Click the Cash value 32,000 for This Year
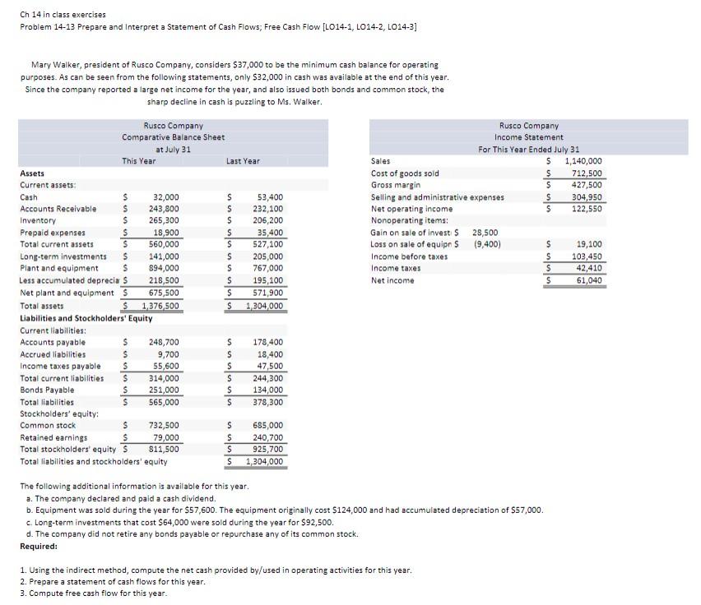tap(166, 197)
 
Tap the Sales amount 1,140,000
tap(583, 162)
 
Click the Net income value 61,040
tap(589, 280)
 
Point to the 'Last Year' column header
tap(243, 161)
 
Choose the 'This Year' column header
tap(139, 161)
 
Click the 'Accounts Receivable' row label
tap(58, 209)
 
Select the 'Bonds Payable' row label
tap(47, 390)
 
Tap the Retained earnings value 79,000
tap(167, 437)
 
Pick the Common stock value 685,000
tap(269, 425)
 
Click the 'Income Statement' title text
tap(529, 137)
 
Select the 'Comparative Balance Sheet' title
tap(174, 137)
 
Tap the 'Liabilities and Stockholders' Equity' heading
tap(86, 317)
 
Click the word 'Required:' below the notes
tap(39, 546)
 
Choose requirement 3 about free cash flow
tap(93, 593)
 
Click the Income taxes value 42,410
tap(589, 268)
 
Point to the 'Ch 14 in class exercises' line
tap(63, 15)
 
